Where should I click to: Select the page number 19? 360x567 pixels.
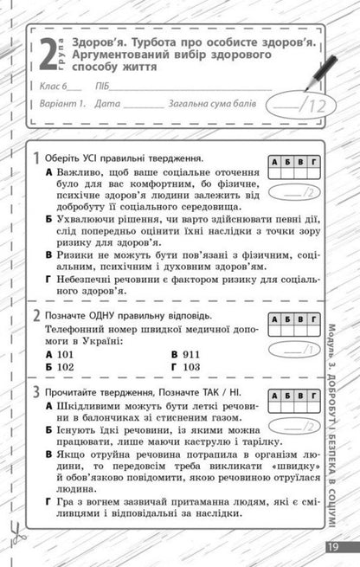point(332,546)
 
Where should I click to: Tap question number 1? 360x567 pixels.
point(35,159)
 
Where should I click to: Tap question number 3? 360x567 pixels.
point(35,392)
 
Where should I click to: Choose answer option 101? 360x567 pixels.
point(64,355)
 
